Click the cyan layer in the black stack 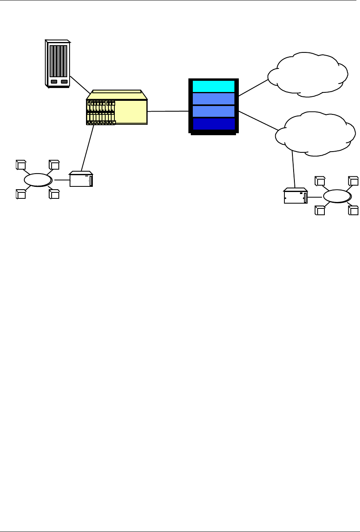pyautogui.click(x=214, y=86)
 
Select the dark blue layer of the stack pyautogui.click(x=214, y=124)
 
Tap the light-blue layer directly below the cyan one pyautogui.click(x=214, y=98)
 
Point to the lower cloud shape pyautogui.click(x=315, y=134)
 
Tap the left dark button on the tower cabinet pyautogui.click(x=54, y=82)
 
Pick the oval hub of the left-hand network pyautogui.click(x=38, y=180)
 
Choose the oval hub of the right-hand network pyautogui.click(x=337, y=196)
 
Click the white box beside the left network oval pyautogui.click(x=81, y=180)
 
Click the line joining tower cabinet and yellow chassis pyautogui.click(x=80, y=84)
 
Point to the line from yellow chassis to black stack pyautogui.click(x=168, y=111)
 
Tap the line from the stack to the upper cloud pyautogui.click(x=253, y=88)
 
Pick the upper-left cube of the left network pyautogui.click(x=21, y=165)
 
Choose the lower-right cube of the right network pyautogui.click(x=353, y=210)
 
